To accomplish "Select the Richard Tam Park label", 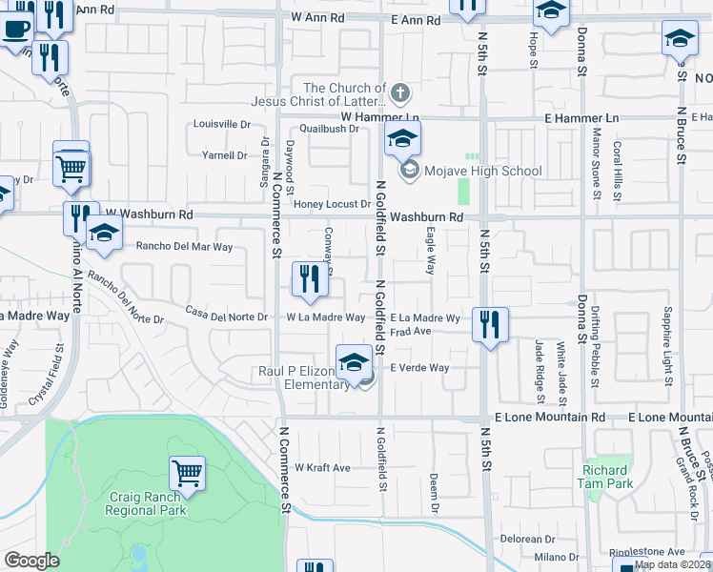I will coord(605,477).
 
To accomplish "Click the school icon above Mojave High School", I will coord(402,140).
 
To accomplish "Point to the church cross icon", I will coord(400,93).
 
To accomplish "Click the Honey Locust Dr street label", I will coord(332,204).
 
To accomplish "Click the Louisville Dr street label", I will coord(221,124).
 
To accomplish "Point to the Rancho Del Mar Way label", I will coord(185,246).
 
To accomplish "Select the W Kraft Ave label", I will coord(322,468).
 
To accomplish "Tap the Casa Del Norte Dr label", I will coord(227,316).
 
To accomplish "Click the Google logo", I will coord(31,561).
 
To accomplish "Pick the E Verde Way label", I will coord(419,368).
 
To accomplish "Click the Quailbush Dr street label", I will coord(328,129).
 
